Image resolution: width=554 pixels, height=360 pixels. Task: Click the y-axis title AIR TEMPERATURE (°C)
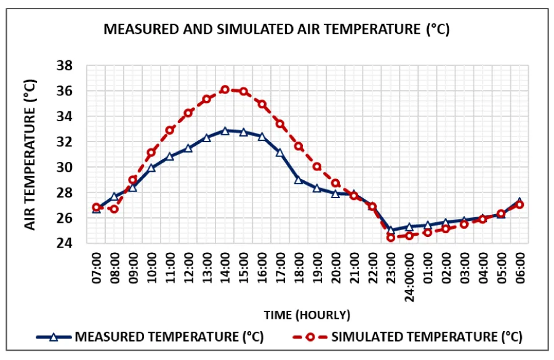pos(31,154)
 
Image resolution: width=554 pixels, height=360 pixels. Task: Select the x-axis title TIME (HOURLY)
pos(307,315)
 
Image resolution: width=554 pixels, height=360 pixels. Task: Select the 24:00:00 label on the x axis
pos(410,273)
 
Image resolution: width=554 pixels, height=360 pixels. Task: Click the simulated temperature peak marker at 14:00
pos(225,89)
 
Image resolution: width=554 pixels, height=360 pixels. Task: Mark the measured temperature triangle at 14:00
pos(225,130)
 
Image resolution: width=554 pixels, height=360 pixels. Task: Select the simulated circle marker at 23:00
pos(391,238)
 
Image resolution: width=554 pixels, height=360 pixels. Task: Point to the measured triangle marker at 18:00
pos(299,180)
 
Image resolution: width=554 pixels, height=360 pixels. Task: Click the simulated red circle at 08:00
pos(114,209)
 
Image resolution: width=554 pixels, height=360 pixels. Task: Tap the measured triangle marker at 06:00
pos(520,202)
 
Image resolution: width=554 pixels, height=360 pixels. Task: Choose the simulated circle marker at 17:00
pos(280,124)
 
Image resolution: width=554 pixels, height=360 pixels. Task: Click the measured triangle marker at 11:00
pos(170,156)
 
